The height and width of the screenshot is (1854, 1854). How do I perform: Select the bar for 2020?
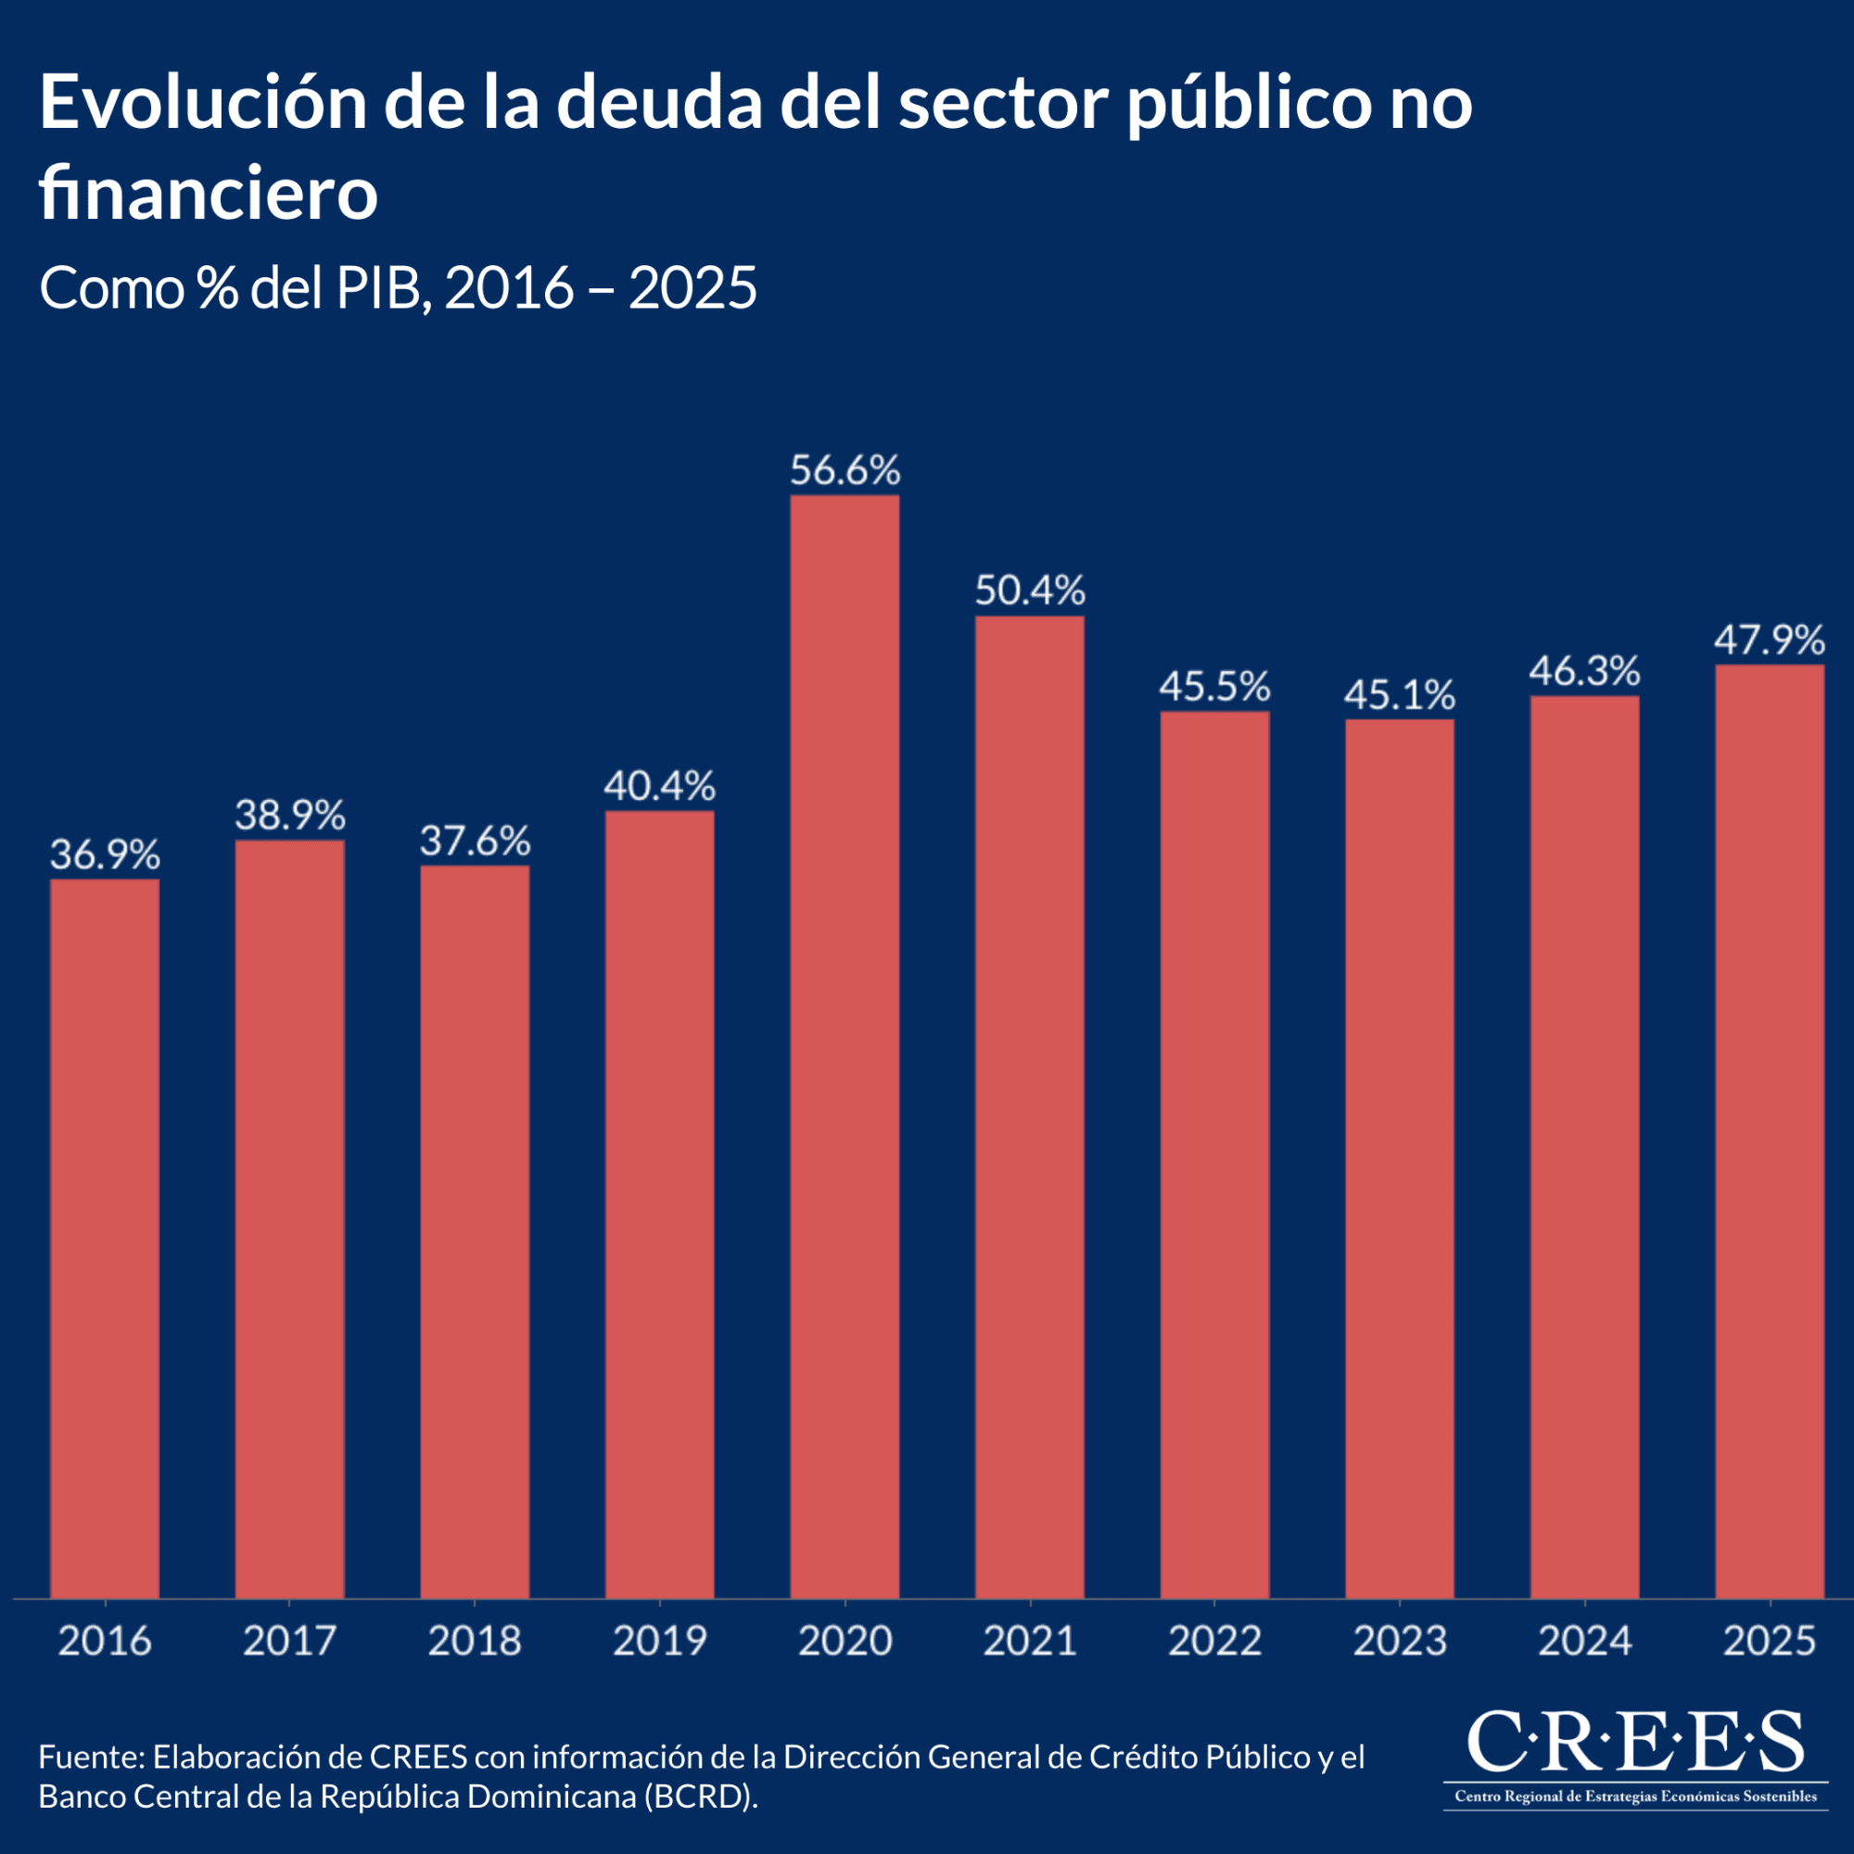pyautogui.click(x=844, y=1046)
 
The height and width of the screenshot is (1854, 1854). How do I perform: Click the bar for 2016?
pyautogui.click(x=105, y=1238)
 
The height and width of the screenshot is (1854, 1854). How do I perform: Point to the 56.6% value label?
pyautogui.click(x=844, y=471)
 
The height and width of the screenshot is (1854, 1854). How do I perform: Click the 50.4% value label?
pyautogui.click(x=1030, y=590)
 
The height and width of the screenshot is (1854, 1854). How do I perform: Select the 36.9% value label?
pyautogui.click(x=105, y=854)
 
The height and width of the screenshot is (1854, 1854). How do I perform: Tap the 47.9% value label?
pyautogui.click(x=1770, y=640)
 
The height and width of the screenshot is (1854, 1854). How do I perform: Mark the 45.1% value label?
pyautogui.click(x=1399, y=694)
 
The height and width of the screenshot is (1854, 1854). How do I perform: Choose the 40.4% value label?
pyautogui.click(x=659, y=786)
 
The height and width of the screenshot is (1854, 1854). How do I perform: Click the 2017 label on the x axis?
pyautogui.click(x=290, y=1640)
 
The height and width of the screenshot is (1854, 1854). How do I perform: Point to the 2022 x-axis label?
pyautogui.click(x=1214, y=1640)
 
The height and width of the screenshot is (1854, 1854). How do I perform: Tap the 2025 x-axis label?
pyautogui.click(x=1770, y=1640)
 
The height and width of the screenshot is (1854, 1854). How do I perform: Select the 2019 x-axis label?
pyautogui.click(x=659, y=1640)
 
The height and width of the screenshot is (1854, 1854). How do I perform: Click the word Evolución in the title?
pyautogui.click(x=202, y=104)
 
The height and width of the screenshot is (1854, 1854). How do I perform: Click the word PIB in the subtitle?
pyautogui.click(x=378, y=287)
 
